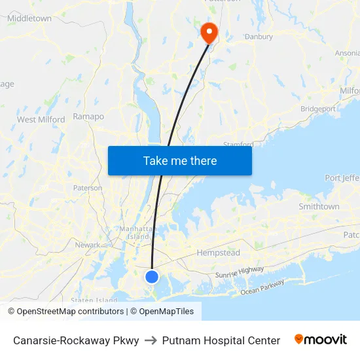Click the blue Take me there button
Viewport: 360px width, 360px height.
click(179, 160)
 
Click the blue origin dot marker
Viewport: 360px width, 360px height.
click(152, 277)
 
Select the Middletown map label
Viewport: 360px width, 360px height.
click(29, 18)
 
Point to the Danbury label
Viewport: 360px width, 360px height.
click(259, 37)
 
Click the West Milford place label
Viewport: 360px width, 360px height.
click(41, 120)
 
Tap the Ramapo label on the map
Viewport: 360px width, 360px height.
click(88, 117)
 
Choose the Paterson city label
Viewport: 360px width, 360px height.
click(87, 188)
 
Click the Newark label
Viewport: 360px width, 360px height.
click(88, 245)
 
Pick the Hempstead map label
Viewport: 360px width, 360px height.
click(219, 253)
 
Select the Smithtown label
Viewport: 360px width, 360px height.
click(319, 206)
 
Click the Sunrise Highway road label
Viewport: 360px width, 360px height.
click(240, 272)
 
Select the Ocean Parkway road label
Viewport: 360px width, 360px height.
click(262, 288)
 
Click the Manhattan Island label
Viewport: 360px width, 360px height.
click(135, 232)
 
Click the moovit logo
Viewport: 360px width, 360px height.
click(321, 340)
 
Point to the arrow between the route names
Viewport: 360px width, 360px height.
click(151, 340)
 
